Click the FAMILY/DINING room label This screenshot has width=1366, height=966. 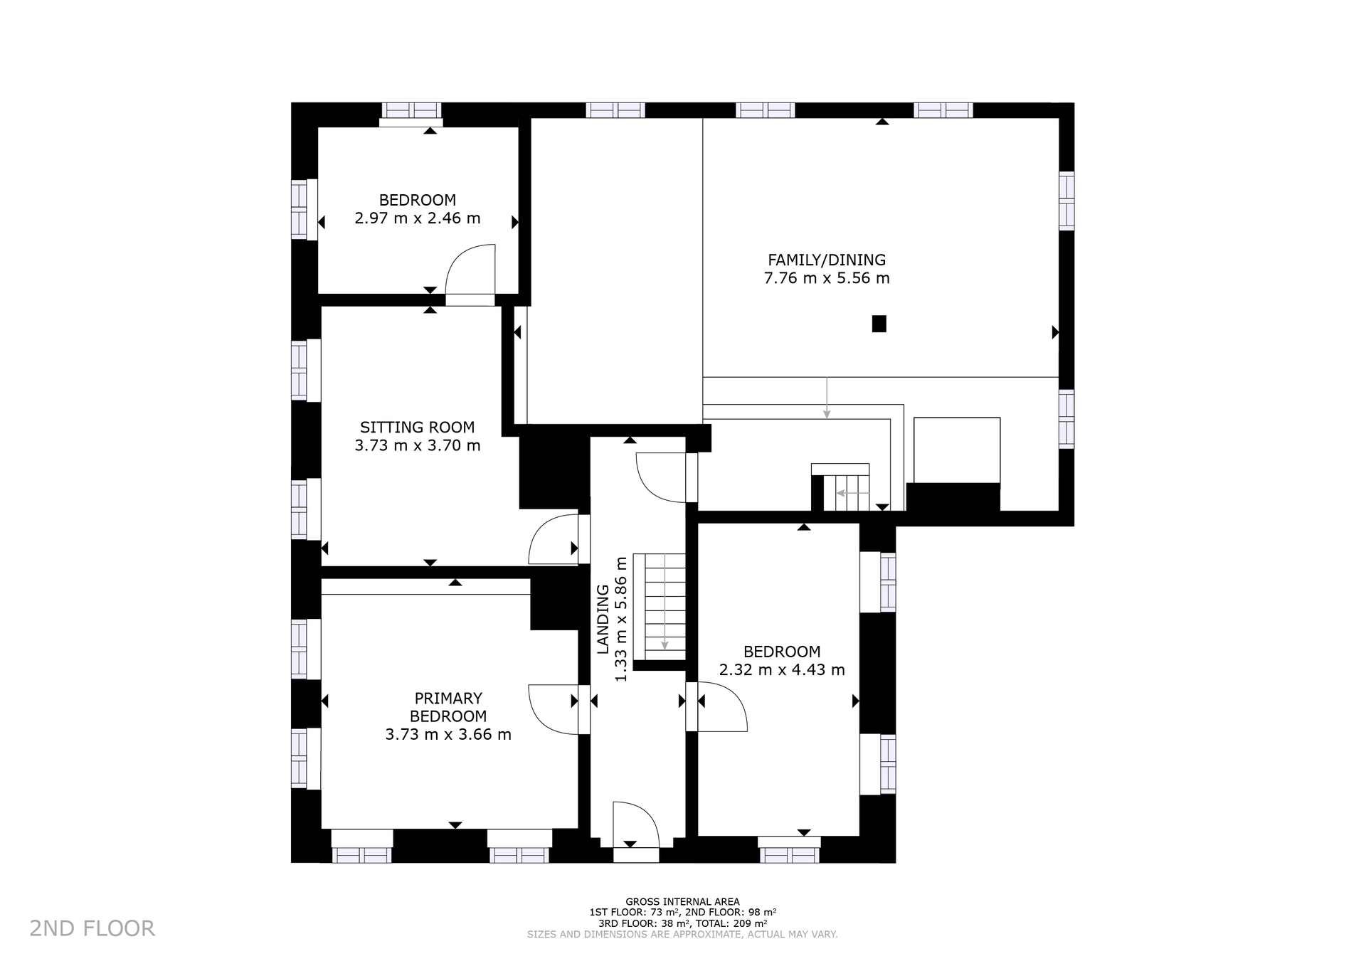point(827,260)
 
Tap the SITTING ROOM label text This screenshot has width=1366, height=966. point(418,428)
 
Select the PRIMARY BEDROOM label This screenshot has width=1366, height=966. point(448,707)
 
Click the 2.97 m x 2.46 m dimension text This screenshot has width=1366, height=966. point(418,218)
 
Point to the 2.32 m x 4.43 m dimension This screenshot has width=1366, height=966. point(782,670)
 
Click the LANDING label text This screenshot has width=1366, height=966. point(603,619)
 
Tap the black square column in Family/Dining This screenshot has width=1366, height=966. point(879,324)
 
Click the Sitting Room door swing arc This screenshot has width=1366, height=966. point(554,540)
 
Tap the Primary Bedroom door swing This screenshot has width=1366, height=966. point(554,708)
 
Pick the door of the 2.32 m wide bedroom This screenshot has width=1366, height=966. point(723,706)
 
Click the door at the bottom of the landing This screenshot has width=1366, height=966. point(636,825)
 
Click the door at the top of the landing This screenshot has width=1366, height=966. point(661,477)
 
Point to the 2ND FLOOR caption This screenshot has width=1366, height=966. point(92,928)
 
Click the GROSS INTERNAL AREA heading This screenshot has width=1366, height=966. point(682,902)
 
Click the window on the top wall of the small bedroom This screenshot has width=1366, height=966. point(412,110)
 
